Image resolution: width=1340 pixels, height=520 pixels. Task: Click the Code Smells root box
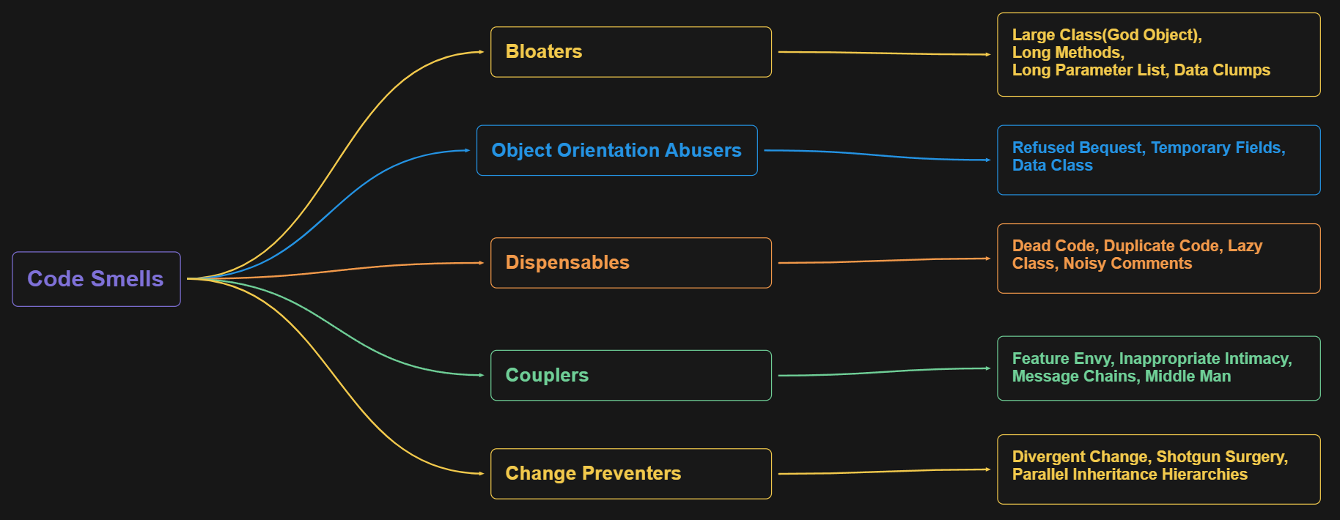[x=96, y=279]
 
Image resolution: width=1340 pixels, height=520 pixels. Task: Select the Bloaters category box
[x=630, y=52]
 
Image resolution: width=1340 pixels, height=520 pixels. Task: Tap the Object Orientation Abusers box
[x=616, y=150]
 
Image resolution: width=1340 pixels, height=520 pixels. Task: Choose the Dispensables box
[x=630, y=263]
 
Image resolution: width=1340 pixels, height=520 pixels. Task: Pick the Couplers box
[x=630, y=376]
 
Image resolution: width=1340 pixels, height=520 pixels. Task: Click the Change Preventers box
[x=630, y=474]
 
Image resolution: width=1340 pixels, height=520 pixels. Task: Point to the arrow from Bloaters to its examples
[x=883, y=53]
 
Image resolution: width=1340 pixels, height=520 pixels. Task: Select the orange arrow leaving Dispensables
[x=883, y=261]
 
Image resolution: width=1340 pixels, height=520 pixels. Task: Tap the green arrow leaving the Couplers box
[x=883, y=372]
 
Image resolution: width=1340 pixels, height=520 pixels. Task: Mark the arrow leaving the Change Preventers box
[x=883, y=472]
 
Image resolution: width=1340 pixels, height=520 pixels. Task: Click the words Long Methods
[x=1067, y=53]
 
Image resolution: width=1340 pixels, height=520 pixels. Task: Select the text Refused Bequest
[x=1077, y=148]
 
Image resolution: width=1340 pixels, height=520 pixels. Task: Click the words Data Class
[x=1052, y=166]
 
